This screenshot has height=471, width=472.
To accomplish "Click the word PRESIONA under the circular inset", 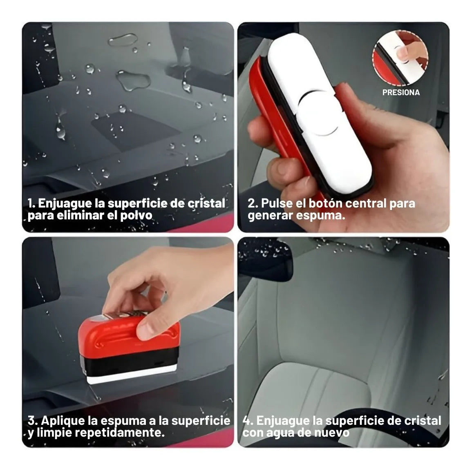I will (x=401, y=92).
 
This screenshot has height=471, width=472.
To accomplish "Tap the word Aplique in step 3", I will (x=63, y=420).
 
